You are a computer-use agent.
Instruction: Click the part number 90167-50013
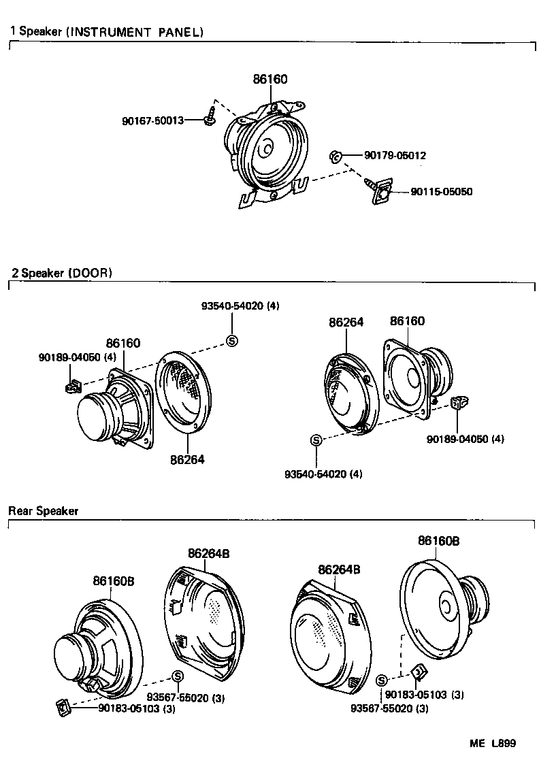[153, 120]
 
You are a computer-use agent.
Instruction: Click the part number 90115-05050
[441, 192]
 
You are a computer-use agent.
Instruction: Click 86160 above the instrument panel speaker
[270, 80]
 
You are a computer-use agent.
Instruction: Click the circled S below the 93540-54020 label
[231, 341]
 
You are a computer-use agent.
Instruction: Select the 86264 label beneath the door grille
[187, 459]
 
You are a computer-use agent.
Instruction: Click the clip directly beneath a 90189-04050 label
[71, 387]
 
